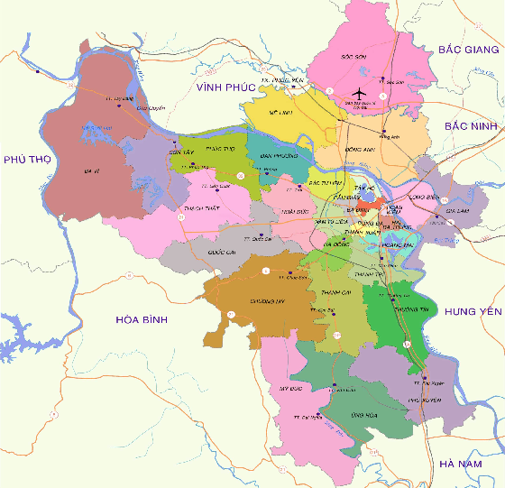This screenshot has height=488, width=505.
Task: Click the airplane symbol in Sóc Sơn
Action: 360,94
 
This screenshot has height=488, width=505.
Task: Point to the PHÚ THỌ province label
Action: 24,160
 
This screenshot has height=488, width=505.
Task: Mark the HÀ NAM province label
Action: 460,463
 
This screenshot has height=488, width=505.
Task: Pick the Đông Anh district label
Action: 360,150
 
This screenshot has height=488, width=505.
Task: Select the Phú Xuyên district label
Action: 424,399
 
